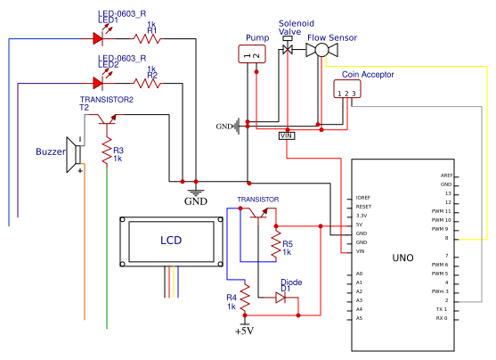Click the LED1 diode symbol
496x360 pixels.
(99, 38)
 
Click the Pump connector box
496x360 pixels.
(253, 55)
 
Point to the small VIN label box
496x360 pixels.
(287, 135)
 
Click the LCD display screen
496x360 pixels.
(171, 241)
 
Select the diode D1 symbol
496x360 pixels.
(281, 298)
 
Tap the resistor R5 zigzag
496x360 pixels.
(275, 245)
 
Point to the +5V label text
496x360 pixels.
(244, 331)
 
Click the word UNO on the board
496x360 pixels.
(402, 258)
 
